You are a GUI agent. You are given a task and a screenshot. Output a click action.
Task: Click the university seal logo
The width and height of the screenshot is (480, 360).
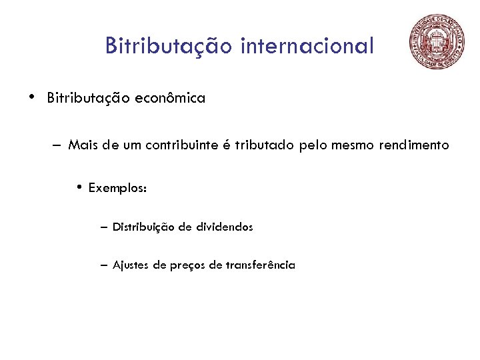pos(438,42)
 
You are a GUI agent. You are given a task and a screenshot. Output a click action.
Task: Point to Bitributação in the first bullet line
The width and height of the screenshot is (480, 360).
pos(89,99)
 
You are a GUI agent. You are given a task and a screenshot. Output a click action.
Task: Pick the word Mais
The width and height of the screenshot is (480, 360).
pos(83,145)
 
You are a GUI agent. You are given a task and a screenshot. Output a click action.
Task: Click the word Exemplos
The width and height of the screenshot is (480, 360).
pos(115,188)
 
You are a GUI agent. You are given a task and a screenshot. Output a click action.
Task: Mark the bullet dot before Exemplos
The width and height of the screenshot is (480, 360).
pos(79,187)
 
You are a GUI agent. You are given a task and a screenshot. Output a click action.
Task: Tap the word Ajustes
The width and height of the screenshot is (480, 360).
pos(131,265)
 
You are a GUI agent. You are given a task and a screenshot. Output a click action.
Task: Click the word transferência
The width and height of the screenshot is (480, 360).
pos(260,265)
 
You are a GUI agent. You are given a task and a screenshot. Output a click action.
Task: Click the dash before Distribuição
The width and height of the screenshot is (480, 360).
pos(104,227)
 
